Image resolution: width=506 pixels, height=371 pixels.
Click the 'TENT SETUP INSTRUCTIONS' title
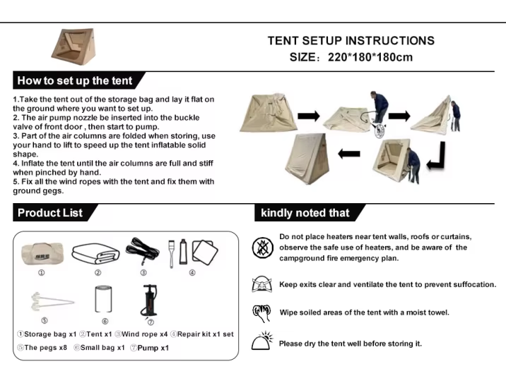click(x=351, y=41)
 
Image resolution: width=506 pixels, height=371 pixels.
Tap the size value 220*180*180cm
click(x=370, y=57)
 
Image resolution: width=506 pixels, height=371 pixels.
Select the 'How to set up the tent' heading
click(x=75, y=80)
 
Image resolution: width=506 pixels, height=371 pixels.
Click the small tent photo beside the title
click(x=73, y=47)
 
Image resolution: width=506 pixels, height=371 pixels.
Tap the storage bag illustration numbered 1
click(x=42, y=253)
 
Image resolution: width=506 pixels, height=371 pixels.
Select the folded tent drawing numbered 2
click(x=95, y=253)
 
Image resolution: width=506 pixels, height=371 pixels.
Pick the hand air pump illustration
click(x=149, y=300)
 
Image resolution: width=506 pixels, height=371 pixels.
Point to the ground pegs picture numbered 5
click(x=52, y=302)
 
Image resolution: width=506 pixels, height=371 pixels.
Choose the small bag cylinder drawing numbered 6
click(x=103, y=299)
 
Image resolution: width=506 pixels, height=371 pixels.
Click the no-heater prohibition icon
click(x=262, y=248)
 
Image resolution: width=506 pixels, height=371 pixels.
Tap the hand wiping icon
click(x=261, y=313)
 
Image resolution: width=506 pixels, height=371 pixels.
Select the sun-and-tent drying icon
click(x=261, y=341)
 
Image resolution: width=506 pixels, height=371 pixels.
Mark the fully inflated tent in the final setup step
click(x=307, y=159)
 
